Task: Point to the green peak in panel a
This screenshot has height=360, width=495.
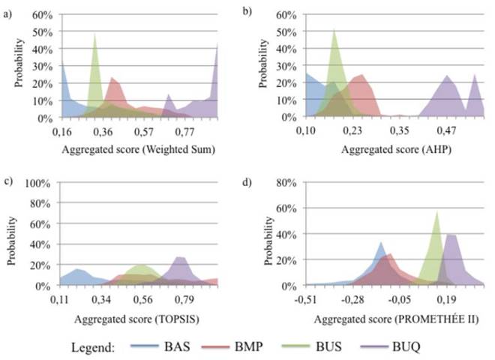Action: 94,35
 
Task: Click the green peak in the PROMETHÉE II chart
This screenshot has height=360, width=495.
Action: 436,213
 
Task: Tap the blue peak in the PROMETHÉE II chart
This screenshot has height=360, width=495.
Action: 381,243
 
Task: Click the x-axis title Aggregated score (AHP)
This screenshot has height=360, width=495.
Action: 389,148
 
